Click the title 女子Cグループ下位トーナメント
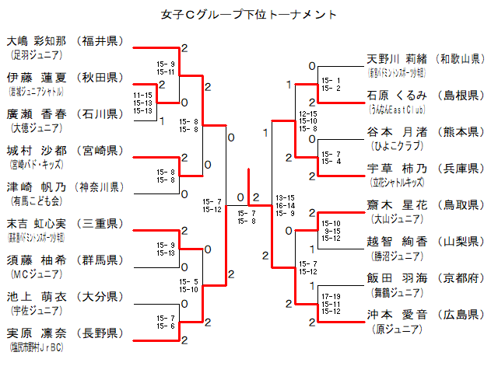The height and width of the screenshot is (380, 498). (x=249, y=13)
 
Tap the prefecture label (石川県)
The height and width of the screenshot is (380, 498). (x=101, y=113)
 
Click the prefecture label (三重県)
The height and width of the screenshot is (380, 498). (x=101, y=224)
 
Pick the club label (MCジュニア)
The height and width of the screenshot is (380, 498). (x=30, y=274)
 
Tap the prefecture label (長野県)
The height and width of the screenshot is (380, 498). (x=101, y=333)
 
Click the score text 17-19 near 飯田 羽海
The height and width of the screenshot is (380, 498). (x=331, y=296)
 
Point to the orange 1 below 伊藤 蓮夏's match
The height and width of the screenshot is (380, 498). (x=162, y=120)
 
